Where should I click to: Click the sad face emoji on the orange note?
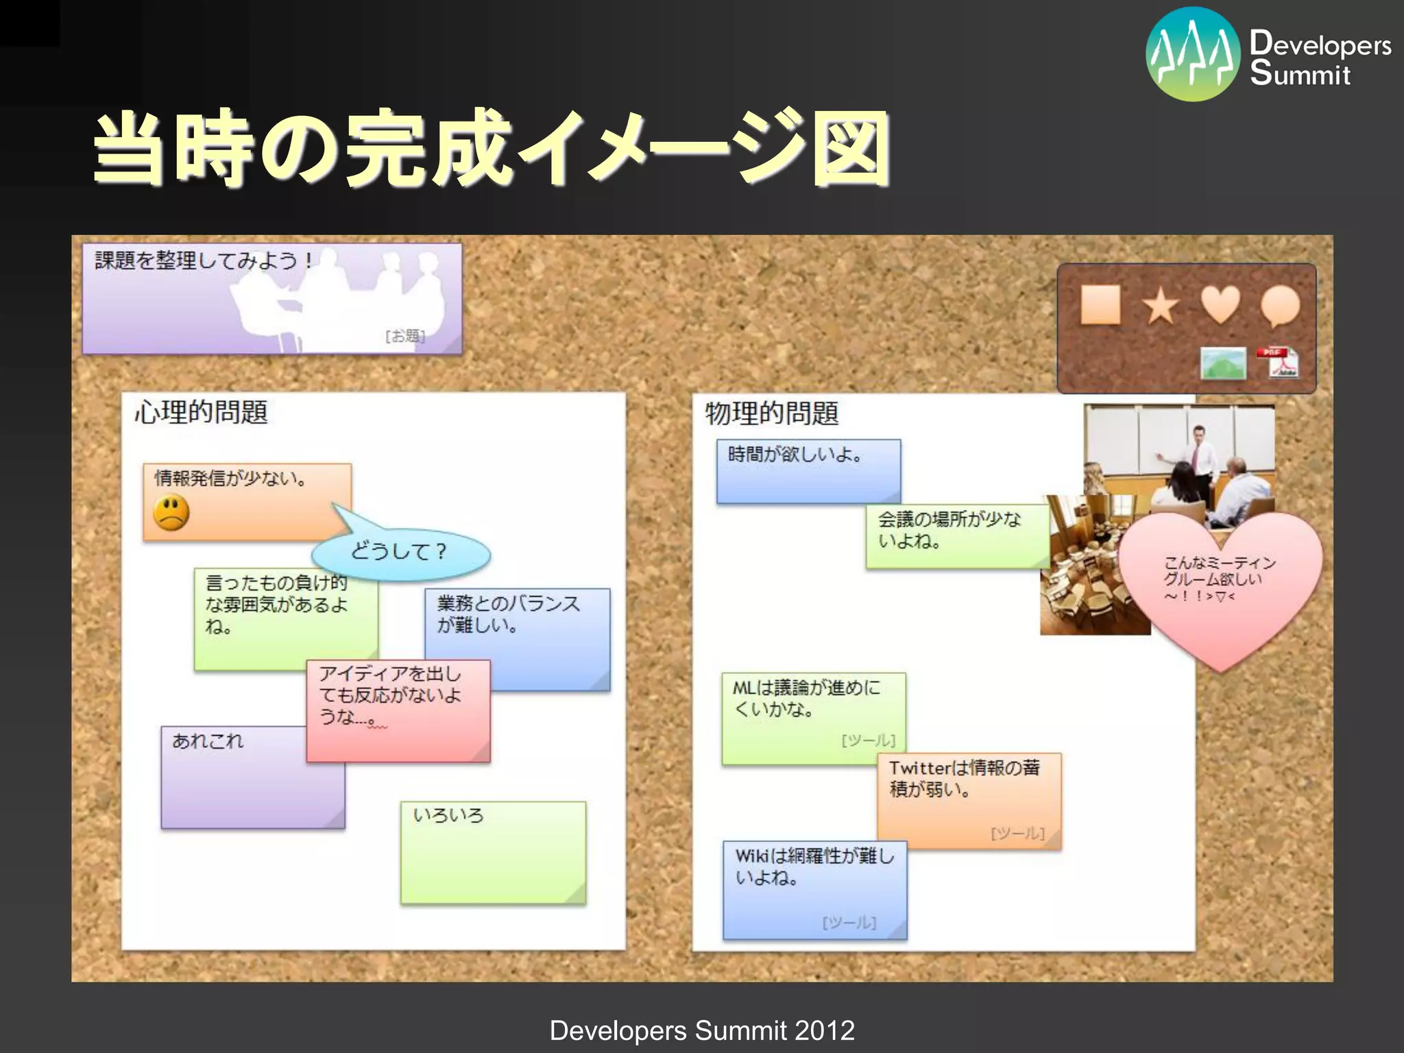pyautogui.click(x=171, y=513)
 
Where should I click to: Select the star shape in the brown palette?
pyautogui.click(x=1161, y=306)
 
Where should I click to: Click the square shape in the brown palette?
pyautogui.click(x=1100, y=304)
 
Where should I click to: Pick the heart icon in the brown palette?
pyautogui.click(x=1220, y=304)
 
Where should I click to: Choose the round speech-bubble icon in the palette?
pyautogui.click(x=1280, y=306)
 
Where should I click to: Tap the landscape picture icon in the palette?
pyautogui.click(x=1223, y=363)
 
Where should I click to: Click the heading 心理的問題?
pyautogui.click(x=201, y=413)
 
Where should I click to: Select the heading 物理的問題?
pyautogui.click(x=771, y=413)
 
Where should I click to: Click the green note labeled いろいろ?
pyautogui.click(x=493, y=854)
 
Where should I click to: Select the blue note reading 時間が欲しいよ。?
pyautogui.click(x=808, y=472)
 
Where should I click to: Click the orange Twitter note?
pyautogui.click(x=969, y=801)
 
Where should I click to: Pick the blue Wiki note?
pyautogui.click(x=814, y=890)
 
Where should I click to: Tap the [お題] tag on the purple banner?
pyautogui.click(x=405, y=336)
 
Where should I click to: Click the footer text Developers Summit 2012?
pyautogui.click(x=702, y=1030)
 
